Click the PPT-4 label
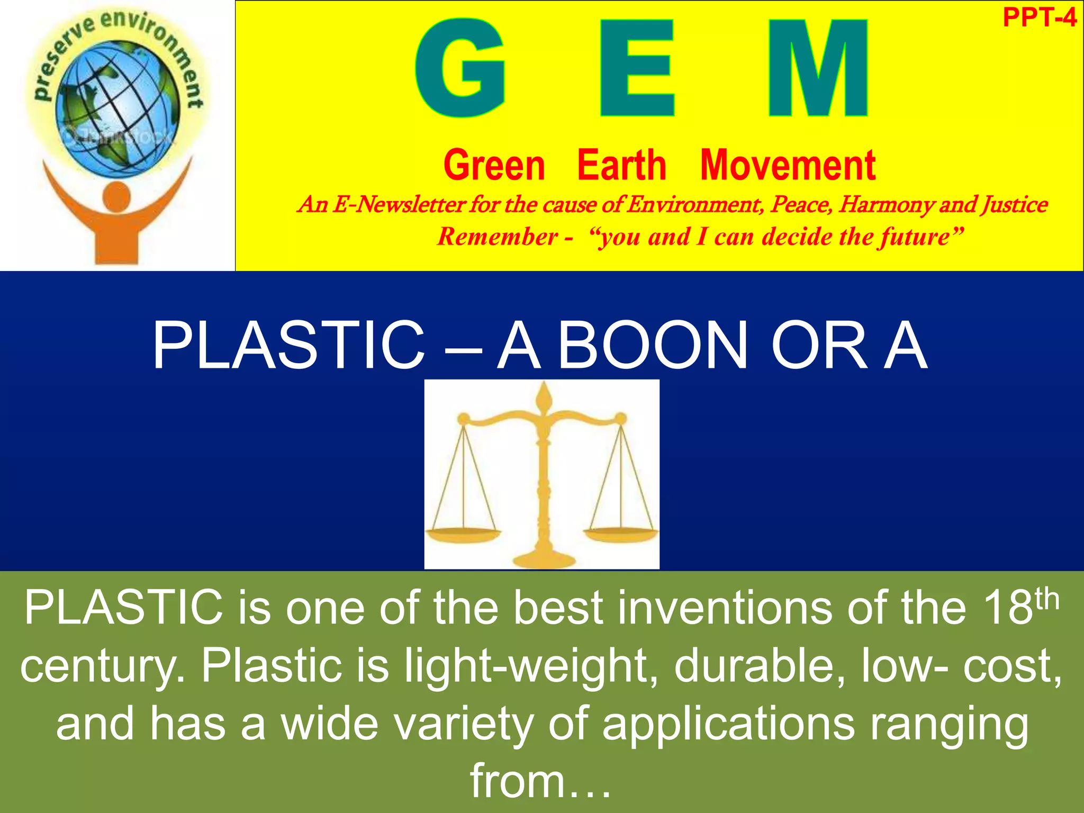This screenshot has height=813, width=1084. coord(1039,18)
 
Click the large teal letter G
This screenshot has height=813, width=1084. coord(460,68)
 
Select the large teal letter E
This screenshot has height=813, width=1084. coord(637,68)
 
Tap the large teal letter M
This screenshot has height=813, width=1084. coord(818,68)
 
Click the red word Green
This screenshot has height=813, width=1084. coord(494,165)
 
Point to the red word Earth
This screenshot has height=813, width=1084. coord(621,165)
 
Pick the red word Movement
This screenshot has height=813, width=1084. coord(788,165)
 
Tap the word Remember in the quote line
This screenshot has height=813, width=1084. coord(498,236)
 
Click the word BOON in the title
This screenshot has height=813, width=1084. coord(652,345)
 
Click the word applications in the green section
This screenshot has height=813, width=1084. coord(728,724)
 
